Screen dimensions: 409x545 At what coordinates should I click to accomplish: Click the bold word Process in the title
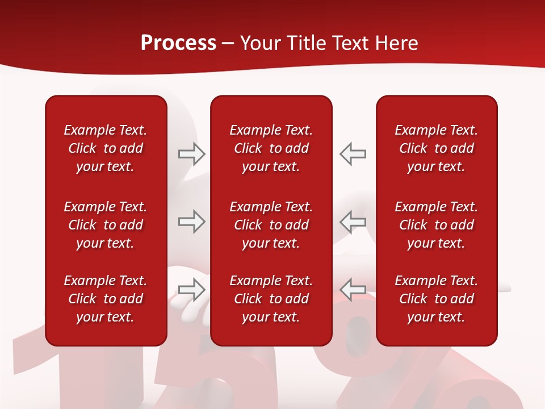(x=178, y=43)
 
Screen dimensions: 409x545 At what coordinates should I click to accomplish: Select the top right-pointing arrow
(x=191, y=153)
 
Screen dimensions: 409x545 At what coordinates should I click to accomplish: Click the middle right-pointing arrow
(x=191, y=222)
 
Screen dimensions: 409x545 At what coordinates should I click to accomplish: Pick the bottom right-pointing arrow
(x=191, y=290)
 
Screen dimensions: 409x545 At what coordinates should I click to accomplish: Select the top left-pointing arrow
(x=353, y=153)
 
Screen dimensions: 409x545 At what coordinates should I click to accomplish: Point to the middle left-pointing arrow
(x=353, y=222)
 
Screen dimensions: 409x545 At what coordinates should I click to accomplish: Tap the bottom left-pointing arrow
(x=353, y=290)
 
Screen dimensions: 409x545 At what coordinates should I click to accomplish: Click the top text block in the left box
(x=106, y=148)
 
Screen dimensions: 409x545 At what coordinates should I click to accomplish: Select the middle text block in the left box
(x=106, y=225)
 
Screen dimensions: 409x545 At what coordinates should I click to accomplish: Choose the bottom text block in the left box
(x=106, y=299)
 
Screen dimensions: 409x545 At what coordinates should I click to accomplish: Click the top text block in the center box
(x=271, y=148)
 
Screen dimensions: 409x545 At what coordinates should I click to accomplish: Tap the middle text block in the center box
(x=271, y=225)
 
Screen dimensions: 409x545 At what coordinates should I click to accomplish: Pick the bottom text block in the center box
(x=271, y=299)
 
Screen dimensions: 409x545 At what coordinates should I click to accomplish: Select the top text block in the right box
(x=436, y=148)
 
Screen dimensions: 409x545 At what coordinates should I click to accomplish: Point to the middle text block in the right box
(x=436, y=225)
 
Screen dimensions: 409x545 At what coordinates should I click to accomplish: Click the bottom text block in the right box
(x=436, y=299)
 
